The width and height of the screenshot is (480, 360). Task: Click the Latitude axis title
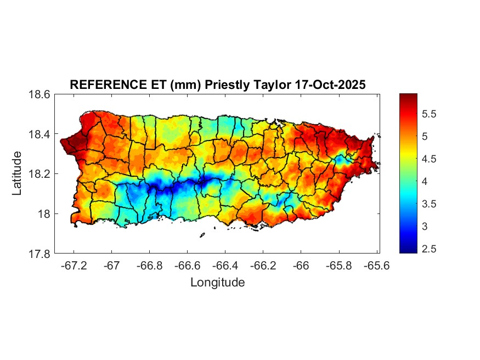click(18, 173)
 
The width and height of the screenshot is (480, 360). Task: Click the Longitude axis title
click(217, 283)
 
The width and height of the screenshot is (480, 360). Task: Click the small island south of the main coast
click(202, 235)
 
